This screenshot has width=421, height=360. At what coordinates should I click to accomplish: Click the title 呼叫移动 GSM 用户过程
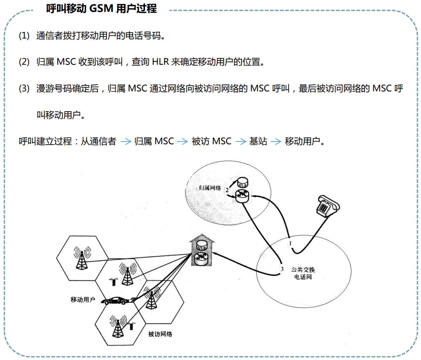point(102,8)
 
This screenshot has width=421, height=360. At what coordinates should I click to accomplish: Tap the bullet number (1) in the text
point(24,36)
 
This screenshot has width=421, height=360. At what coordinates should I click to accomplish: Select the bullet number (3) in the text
point(24,89)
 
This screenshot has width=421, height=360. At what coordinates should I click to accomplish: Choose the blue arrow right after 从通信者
point(126,141)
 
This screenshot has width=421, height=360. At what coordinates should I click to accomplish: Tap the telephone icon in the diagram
point(327,205)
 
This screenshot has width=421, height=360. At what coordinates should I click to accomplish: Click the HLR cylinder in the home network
point(242,184)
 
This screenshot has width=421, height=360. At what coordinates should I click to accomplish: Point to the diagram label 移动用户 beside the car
point(83,300)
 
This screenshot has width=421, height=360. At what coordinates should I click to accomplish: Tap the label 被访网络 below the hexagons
point(160,334)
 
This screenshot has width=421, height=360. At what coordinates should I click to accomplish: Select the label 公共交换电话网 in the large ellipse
point(303,273)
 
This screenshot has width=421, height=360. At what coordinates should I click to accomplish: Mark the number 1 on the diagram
point(290,242)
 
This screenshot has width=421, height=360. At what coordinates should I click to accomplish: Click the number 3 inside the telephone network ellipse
point(282,269)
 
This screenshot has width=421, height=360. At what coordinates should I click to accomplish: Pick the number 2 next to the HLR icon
point(227,190)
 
